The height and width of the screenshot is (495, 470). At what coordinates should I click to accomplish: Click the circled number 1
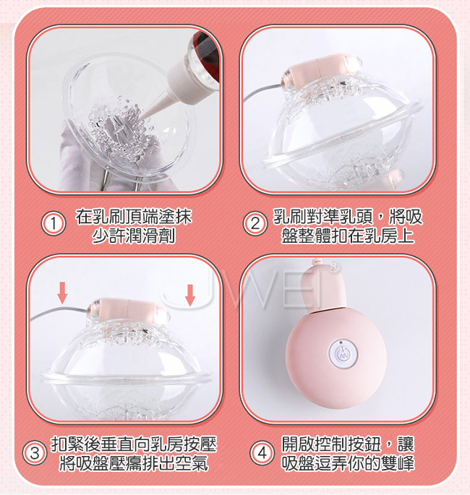click(x=54, y=224)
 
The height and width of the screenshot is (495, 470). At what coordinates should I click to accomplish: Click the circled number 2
click(x=255, y=224)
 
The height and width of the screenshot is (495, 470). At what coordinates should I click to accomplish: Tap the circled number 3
click(x=35, y=453)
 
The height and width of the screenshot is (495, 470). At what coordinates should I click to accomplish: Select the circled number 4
click(x=262, y=453)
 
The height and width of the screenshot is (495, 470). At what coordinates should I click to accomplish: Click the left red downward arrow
click(x=62, y=293)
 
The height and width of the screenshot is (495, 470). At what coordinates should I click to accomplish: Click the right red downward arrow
click(x=190, y=295)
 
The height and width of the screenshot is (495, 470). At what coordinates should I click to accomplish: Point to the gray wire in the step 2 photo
click(x=262, y=91)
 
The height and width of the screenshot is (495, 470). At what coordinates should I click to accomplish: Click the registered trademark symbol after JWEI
click(x=333, y=267)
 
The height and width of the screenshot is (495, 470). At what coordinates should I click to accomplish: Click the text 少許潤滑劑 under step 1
click(x=133, y=235)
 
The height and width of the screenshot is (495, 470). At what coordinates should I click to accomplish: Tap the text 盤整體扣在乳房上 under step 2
click(x=348, y=235)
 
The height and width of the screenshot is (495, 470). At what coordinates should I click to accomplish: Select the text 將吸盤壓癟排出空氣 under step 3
click(x=133, y=462)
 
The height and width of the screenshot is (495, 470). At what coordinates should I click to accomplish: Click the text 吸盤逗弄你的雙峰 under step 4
click(x=348, y=462)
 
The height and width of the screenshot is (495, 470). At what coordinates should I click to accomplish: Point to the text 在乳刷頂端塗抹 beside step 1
click(x=133, y=217)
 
